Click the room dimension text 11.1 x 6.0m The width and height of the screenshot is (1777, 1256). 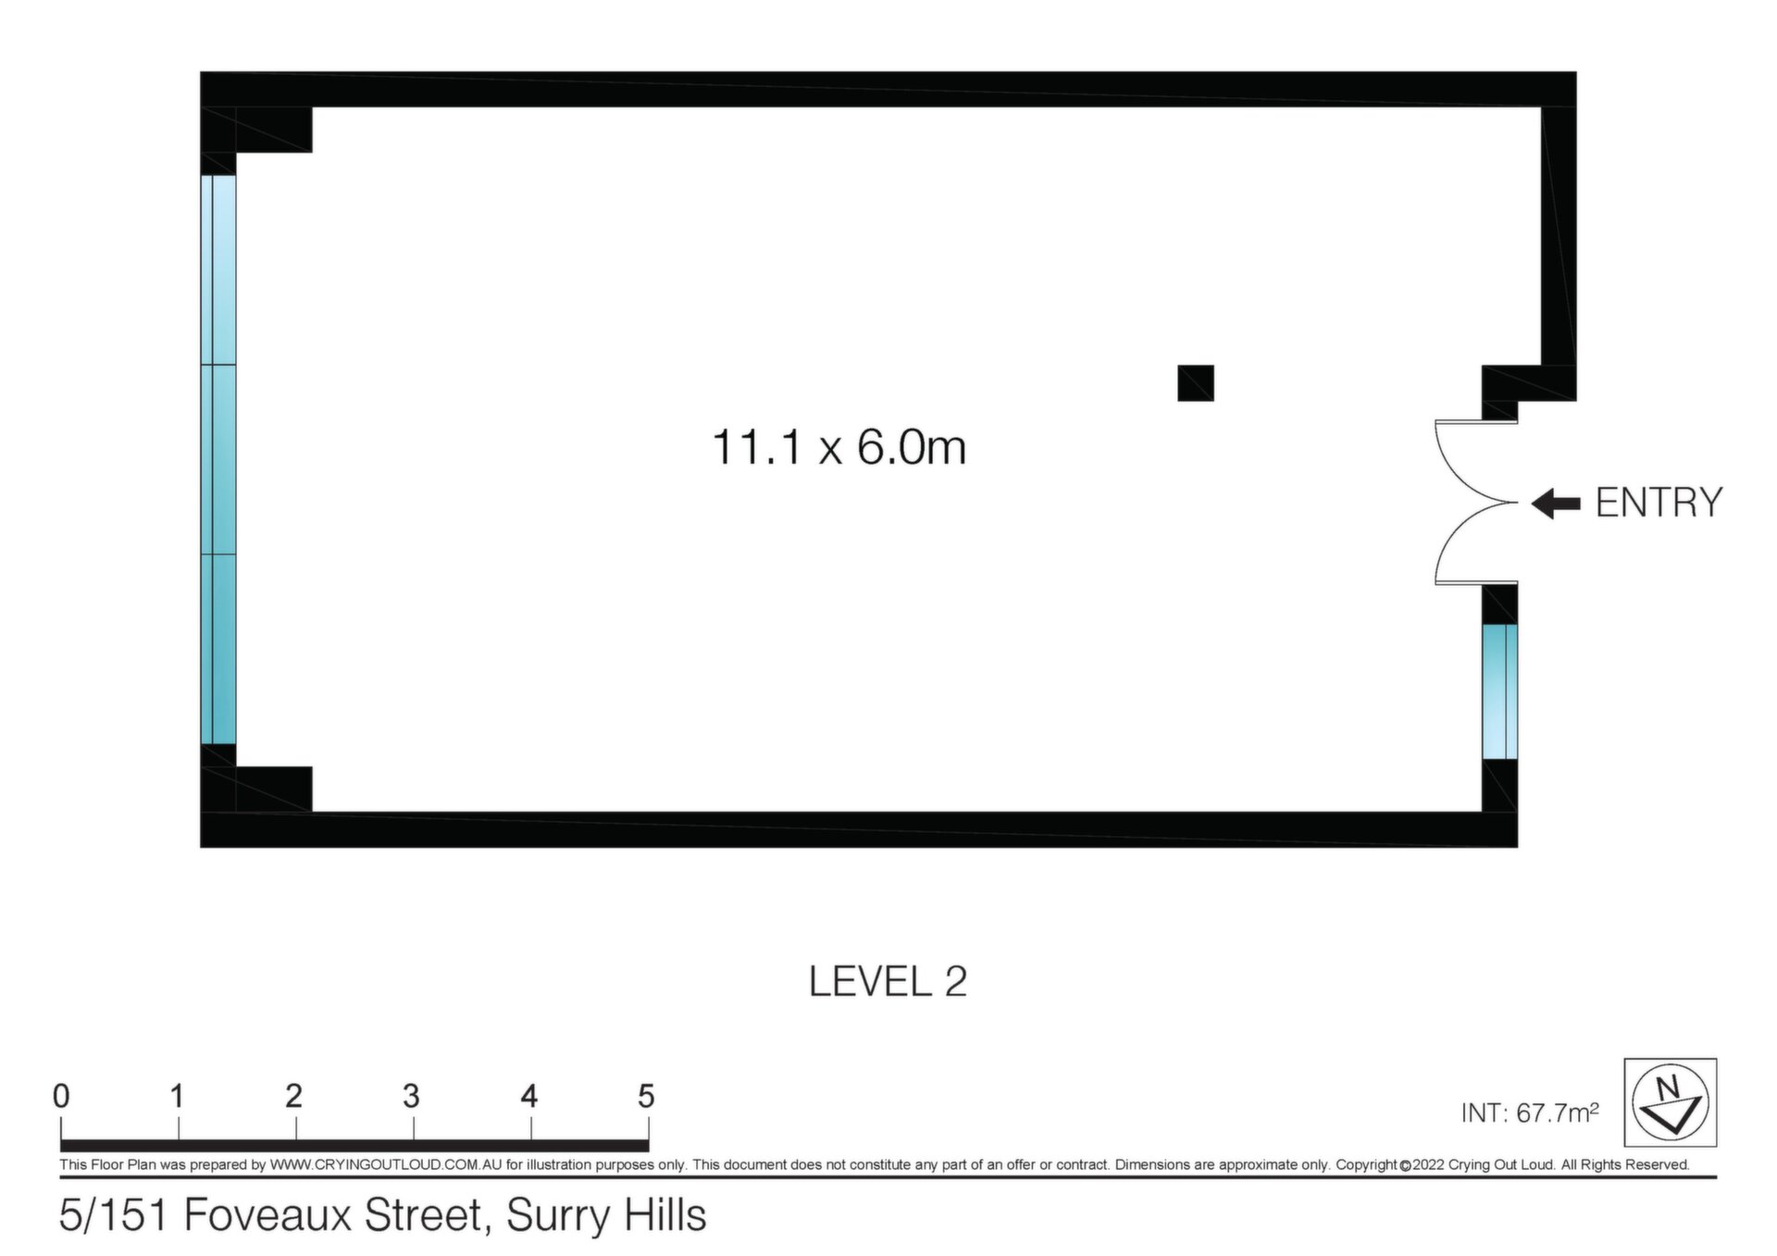pos(839,448)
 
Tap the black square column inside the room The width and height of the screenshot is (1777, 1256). pos(1195,383)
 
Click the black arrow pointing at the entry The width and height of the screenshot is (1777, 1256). pos(1556,504)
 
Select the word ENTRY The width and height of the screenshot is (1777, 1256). pos(1659,503)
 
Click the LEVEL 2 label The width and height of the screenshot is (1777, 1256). pos(888,982)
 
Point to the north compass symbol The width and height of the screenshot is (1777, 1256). pos(1670,1102)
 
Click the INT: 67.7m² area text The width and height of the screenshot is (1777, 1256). pos(1530,1113)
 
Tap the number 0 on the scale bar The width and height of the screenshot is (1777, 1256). pos(61,1097)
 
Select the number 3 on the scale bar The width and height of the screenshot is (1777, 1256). pos(411,1097)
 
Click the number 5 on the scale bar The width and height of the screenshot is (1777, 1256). pos(646,1097)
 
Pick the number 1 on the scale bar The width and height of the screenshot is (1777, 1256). pos(177,1097)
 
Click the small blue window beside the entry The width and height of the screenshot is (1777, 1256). pos(1499,691)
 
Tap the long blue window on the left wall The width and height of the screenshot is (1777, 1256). pos(218,459)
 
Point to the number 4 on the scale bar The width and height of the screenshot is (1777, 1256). pos(529,1097)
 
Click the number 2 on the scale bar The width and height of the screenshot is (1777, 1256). pos(294,1097)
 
